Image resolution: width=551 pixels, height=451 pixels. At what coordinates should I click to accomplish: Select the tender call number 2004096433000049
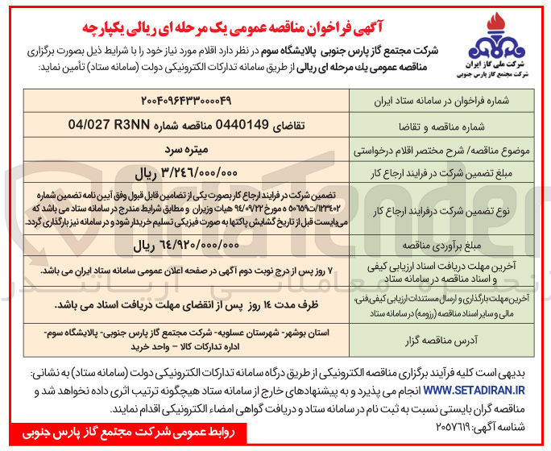184,102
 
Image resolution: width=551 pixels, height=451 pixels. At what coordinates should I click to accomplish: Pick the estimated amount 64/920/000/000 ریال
184,242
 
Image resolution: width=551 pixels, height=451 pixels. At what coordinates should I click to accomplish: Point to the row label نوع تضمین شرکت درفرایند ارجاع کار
433,207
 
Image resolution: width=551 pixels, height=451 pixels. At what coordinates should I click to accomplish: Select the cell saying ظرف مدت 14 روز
184,304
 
